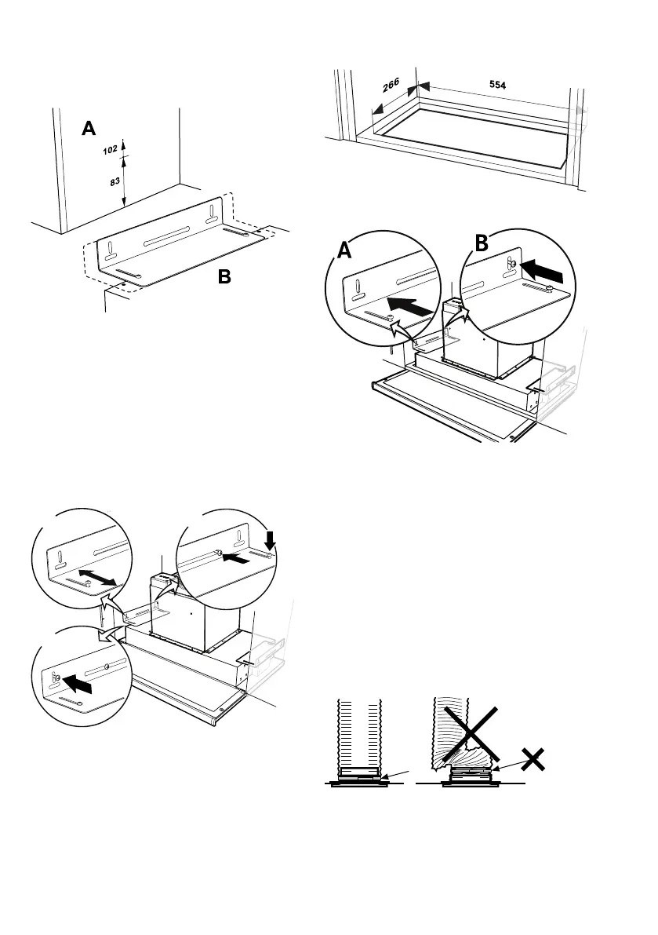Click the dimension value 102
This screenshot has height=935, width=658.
[111, 150]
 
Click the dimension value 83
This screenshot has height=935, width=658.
[115, 182]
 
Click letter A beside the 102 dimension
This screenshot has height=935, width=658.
[90, 129]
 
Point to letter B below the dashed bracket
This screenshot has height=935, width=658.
[224, 276]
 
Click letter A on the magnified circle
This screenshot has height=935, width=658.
[344, 250]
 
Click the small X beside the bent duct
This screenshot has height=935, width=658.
[533, 759]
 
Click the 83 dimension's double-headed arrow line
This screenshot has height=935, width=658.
[124, 182]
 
